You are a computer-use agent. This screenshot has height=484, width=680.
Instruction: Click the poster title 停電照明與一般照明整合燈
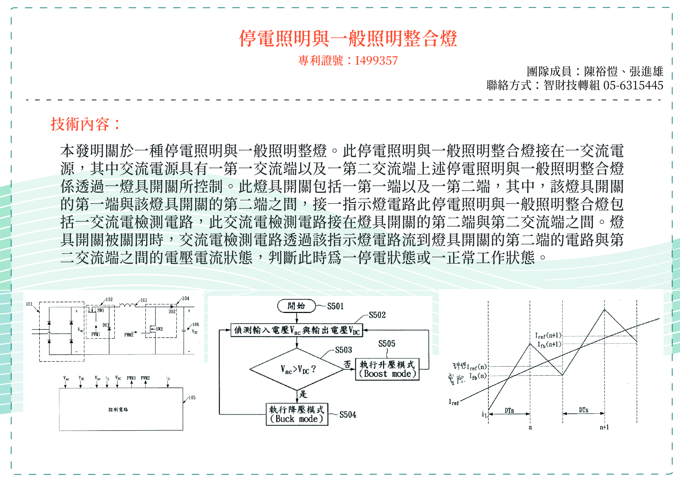click(348, 38)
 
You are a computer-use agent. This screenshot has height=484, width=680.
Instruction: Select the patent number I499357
click(376, 61)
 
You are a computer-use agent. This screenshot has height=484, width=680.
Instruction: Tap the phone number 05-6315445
click(633, 86)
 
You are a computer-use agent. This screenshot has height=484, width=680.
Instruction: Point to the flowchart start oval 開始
click(296, 306)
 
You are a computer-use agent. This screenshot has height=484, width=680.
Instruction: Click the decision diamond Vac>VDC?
click(297, 369)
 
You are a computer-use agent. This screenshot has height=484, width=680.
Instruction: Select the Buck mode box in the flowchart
click(297, 414)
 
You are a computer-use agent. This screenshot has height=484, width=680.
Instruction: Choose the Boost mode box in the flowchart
click(387, 369)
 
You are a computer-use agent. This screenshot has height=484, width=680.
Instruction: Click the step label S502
click(377, 315)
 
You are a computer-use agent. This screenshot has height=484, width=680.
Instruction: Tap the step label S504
click(348, 415)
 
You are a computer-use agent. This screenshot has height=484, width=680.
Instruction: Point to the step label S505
click(386, 344)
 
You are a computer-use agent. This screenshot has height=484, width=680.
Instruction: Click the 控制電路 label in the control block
click(118, 409)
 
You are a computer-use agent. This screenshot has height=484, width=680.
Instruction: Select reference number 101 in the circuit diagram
click(29, 304)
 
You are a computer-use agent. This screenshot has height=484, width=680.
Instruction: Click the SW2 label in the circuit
click(159, 329)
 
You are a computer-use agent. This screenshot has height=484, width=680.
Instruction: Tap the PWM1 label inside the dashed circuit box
click(96, 334)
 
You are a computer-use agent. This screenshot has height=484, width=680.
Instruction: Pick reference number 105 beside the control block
click(192, 398)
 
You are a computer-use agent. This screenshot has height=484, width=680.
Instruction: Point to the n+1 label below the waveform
click(604, 427)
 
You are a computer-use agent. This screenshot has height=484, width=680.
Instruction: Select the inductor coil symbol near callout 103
click(127, 305)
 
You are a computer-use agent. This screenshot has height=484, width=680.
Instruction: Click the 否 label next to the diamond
click(347, 364)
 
